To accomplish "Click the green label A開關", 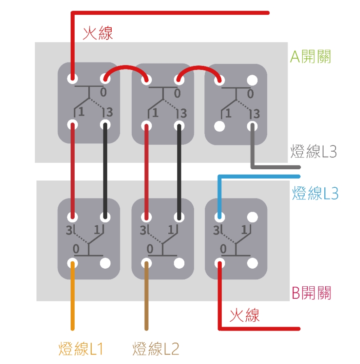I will coord(310,57).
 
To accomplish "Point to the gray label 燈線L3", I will coord(314,152).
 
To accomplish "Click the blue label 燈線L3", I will coord(315,193).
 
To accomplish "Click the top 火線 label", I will coord(98,33).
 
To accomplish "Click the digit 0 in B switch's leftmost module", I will coord(76,248).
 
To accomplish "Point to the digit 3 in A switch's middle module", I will coord(183,113).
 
